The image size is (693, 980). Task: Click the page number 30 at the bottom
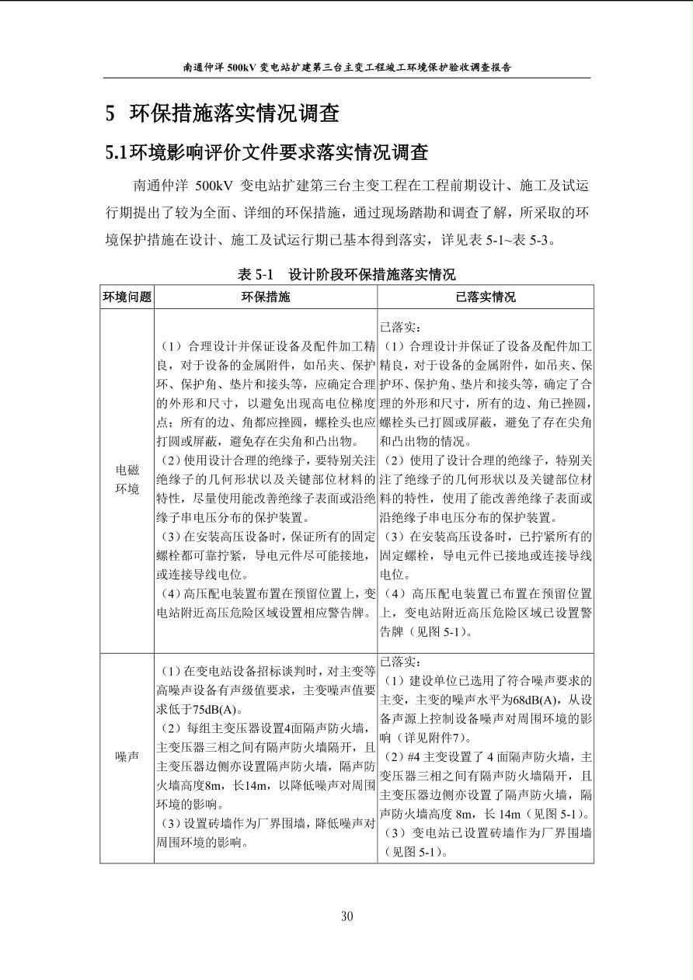(x=346, y=916)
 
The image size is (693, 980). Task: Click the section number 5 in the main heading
(x=110, y=114)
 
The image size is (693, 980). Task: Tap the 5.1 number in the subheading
(x=116, y=152)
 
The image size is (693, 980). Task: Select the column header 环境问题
(x=127, y=297)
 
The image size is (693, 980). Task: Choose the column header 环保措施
(x=266, y=297)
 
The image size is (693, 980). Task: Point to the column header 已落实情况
(x=486, y=297)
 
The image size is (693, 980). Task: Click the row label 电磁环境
(x=127, y=479)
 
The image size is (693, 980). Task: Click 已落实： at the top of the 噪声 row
(x=401, y=662)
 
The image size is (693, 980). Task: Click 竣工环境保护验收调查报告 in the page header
(x=434, y=68)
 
